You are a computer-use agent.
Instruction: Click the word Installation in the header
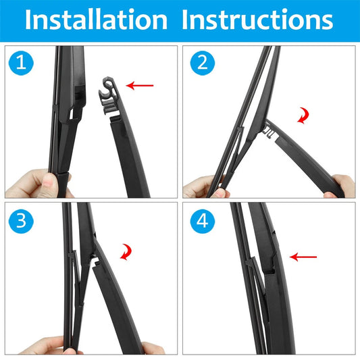click(x=96, y=20)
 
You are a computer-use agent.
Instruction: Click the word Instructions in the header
click(x=257, y=20)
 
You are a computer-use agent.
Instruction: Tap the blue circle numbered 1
click(x=21, y=63)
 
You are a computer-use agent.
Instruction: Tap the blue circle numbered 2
click(x=203, y=63)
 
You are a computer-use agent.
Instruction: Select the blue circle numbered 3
click(x=21, y=221)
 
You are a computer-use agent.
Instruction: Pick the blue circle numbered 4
click(x=203, y=221)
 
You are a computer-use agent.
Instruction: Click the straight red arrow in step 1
click(x=140, y=86)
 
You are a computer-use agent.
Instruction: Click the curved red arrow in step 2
click(x=304, y=115)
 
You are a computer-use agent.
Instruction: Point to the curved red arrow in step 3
click(x=127, y=252)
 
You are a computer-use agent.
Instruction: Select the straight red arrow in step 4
click(x=303, y=257)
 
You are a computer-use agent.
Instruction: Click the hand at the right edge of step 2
click(x=340, y=186)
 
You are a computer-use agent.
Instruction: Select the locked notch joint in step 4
click(x=270, y=265)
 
